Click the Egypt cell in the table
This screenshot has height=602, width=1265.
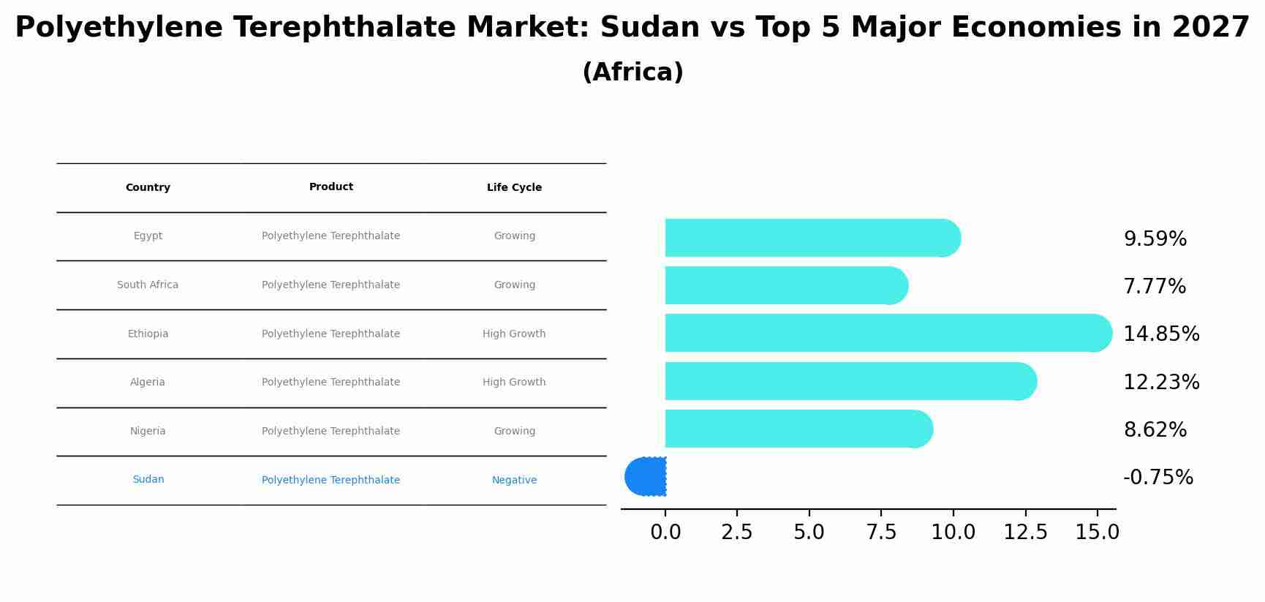click(148, 236)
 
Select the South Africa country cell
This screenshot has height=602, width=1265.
click(148, 285)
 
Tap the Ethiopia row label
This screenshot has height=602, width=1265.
click(148, 334)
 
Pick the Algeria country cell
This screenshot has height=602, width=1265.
click(148, 383)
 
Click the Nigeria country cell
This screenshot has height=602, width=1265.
click(148, 432)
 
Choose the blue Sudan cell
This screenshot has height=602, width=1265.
click(148, 480)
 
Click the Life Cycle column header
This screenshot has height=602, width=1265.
click(514, 188)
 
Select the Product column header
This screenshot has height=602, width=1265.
click(331, 187)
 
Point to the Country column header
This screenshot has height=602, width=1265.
click(148, 188)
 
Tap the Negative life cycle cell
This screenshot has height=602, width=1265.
click(514, 481)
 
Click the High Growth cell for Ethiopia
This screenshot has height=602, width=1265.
click(514, 334)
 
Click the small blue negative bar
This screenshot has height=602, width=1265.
click(647, 477)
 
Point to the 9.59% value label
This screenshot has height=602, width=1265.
click(1155, 239)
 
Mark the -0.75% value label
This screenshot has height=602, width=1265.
click(1158, 478)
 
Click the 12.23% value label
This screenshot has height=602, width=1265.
click(1160, 383)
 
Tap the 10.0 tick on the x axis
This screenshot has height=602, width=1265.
click(953, 533)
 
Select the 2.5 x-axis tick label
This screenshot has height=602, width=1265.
click(736, 533)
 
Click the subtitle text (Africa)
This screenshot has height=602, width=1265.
click(632, 72)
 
